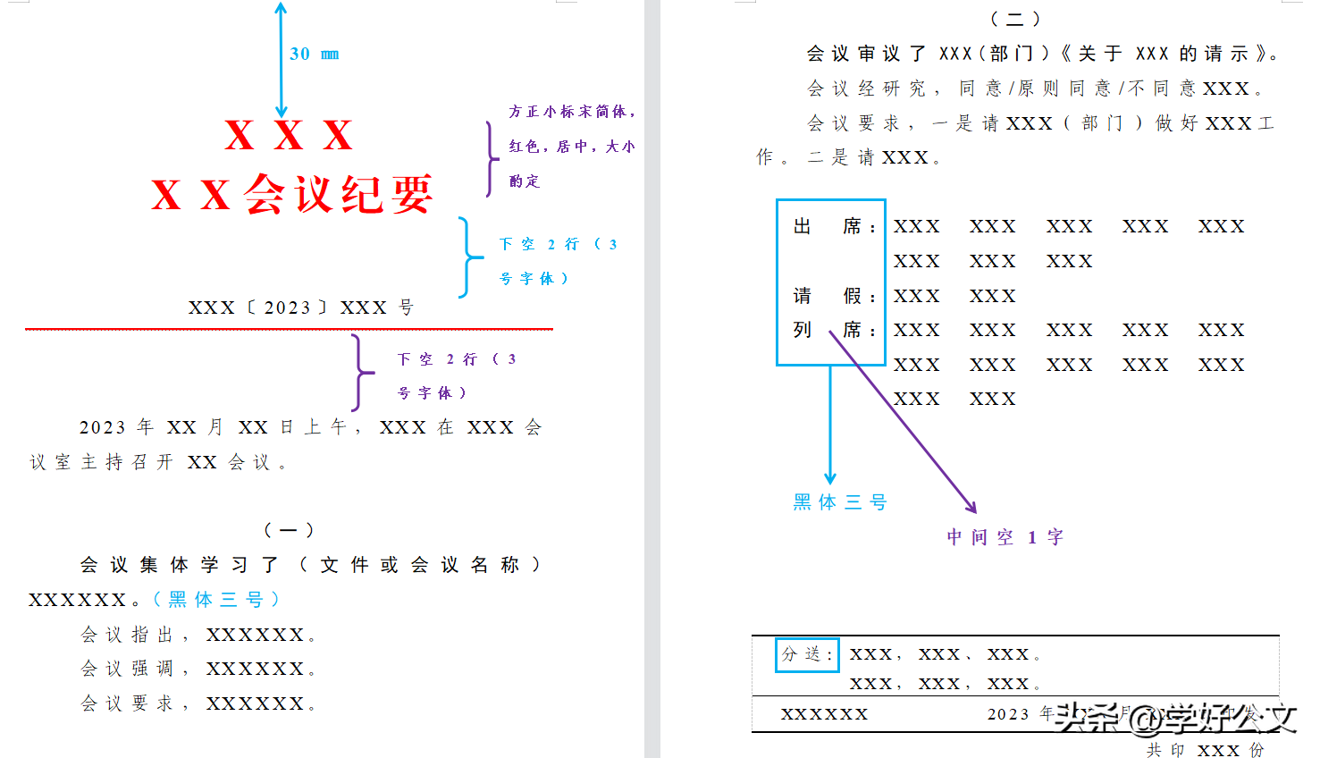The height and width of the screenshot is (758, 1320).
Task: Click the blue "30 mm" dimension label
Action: coord(314,55)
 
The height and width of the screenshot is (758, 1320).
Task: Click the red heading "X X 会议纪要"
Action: coord(292,194)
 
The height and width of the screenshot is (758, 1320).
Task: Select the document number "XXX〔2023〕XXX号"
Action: coord(301,308)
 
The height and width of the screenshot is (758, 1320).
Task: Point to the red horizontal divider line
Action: coord(289,329)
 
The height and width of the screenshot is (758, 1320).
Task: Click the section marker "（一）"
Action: coord(289,530)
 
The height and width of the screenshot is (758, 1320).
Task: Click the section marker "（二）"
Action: coord(1015,19)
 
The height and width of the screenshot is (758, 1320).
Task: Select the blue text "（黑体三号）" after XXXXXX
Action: coord(216,599)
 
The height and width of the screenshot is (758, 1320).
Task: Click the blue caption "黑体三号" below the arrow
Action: coord(839,502)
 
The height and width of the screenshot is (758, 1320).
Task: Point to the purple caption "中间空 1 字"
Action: coord(1005,537)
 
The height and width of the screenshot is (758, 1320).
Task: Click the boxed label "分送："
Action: coord(807,654)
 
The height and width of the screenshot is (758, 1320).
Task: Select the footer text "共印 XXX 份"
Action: coord(1206,749)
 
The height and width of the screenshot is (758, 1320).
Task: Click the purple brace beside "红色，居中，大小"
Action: coord(491,158)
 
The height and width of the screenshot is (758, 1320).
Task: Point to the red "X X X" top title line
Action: coord(289,136)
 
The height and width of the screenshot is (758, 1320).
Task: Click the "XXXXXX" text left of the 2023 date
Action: coord(824,714)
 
